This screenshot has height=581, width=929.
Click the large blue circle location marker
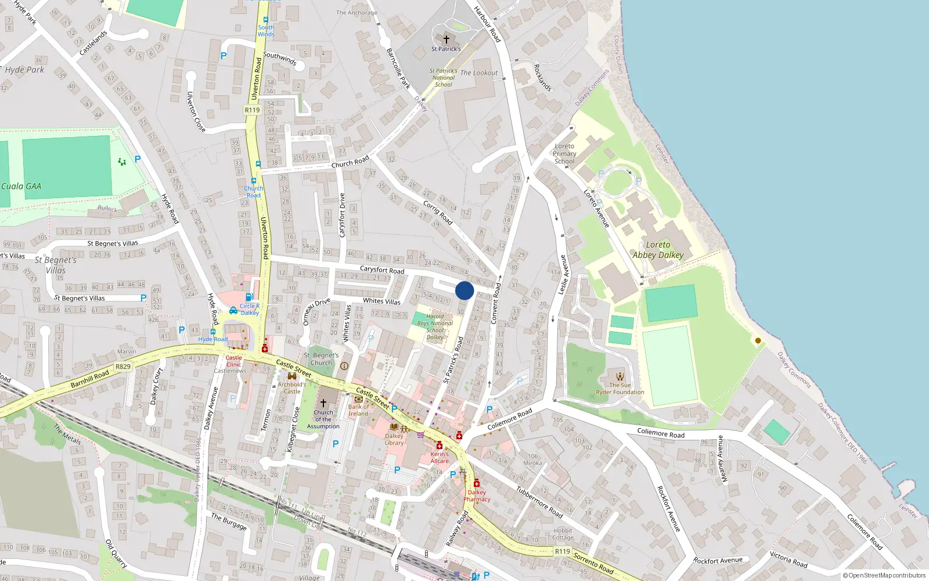464,290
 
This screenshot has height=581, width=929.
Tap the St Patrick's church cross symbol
446,40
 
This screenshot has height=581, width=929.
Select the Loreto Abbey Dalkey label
658,250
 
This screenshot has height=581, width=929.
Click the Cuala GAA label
21,187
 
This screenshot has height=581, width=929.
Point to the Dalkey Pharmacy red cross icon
477,483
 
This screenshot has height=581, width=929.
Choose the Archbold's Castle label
291,388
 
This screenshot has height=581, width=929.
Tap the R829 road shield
123,367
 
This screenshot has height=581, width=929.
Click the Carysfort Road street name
381,270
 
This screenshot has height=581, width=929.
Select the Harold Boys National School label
435,327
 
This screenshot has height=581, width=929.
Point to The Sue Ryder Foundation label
620,388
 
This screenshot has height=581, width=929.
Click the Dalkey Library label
394,439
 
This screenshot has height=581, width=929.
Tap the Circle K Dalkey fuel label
250,309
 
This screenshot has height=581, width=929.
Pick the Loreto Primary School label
564,154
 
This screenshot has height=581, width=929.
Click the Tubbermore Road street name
539,501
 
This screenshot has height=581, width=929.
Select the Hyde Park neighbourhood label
24,70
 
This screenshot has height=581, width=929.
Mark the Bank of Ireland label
358,410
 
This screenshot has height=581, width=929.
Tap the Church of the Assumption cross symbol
323,403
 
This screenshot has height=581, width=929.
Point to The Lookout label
479,73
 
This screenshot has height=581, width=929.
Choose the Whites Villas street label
381,301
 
